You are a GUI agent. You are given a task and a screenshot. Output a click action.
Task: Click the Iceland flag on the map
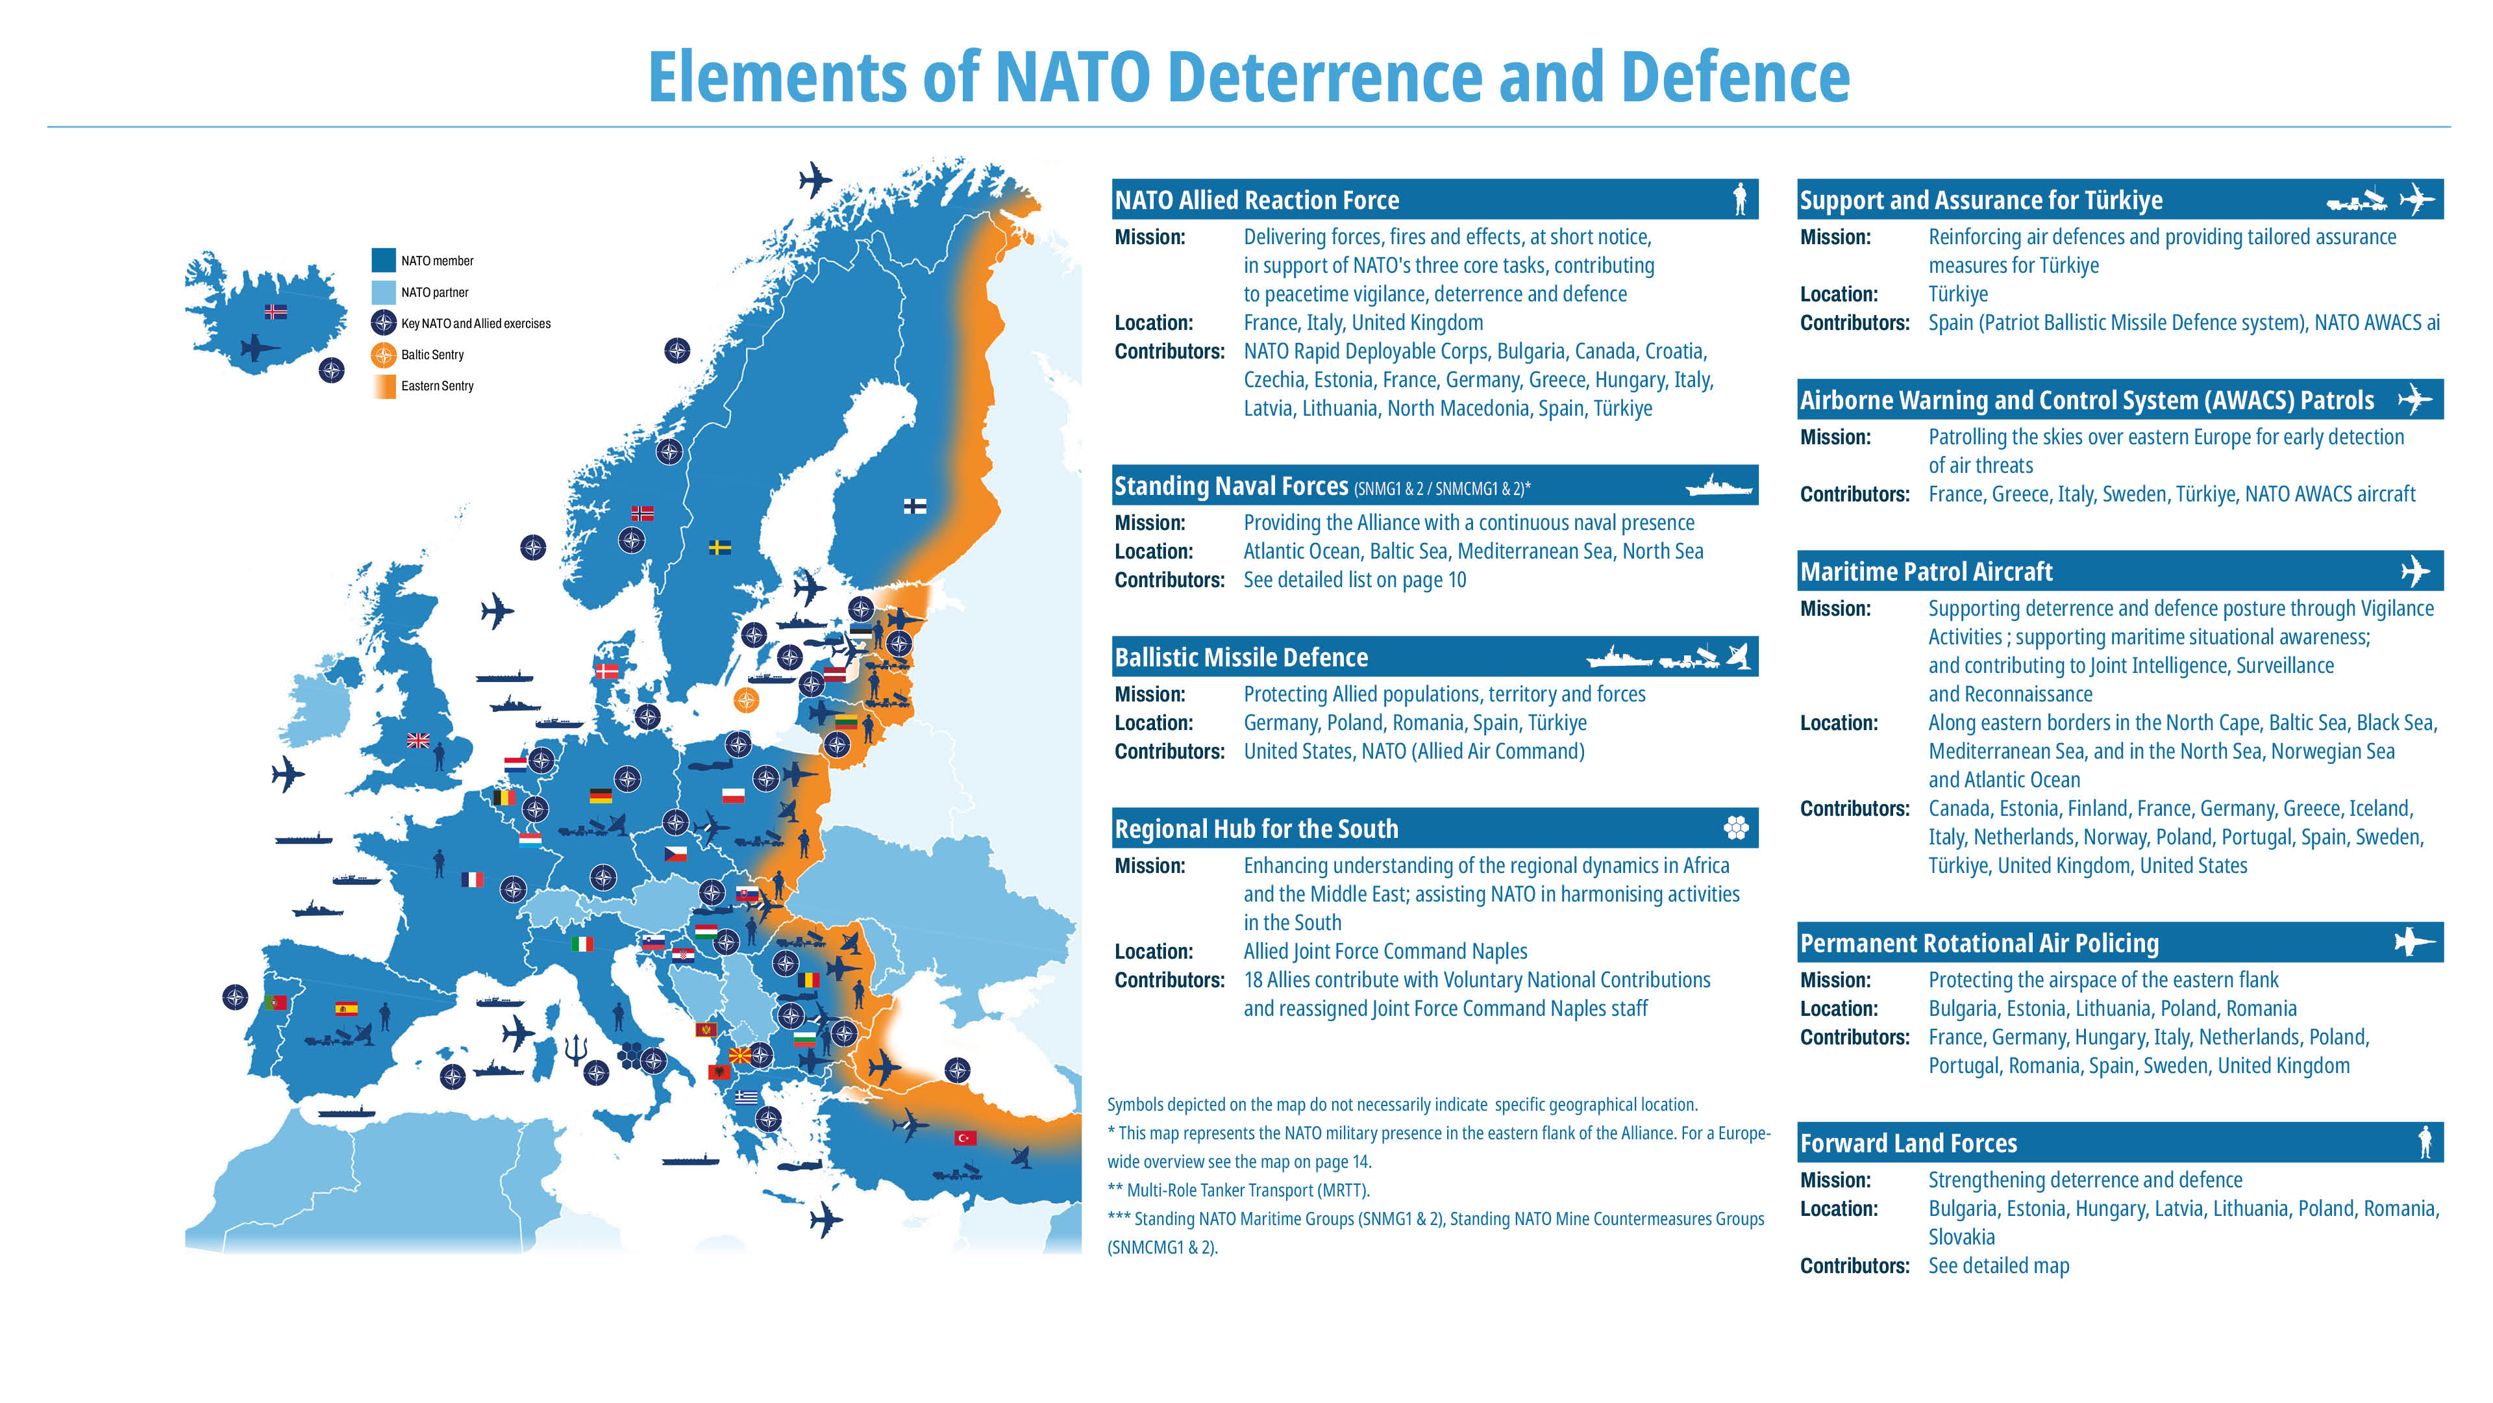coord(276,312)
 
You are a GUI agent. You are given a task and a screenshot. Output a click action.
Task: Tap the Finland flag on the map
coord(915,505)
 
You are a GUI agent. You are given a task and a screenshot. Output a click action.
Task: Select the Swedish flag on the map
coord(719,547)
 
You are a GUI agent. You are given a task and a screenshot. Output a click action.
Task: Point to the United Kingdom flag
coord(418,740)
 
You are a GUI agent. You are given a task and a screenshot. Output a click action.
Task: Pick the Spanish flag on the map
coord(345,1008)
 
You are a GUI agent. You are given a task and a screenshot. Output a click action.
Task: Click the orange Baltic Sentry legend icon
coord(383,355)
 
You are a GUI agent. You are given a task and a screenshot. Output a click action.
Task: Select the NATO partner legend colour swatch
coord(383,292)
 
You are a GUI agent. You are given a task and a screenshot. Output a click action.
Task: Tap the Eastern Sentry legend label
coord(438,385)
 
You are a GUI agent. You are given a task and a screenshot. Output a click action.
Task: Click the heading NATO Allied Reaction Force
coord(1256,201)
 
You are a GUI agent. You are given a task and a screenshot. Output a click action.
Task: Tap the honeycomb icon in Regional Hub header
coord(1736,828)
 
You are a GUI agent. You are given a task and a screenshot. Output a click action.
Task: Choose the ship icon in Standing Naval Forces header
coord(1718,486)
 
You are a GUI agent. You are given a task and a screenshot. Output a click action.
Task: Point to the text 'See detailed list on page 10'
coord(1355,580)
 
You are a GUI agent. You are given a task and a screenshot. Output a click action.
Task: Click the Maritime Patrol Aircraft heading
coord(1926,572)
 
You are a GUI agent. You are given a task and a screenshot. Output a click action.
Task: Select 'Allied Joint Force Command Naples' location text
coord(1385,952)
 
